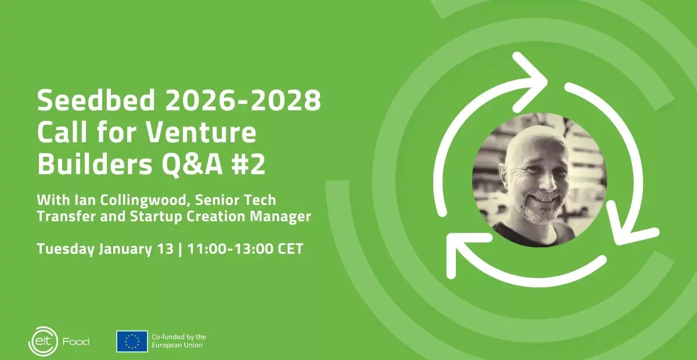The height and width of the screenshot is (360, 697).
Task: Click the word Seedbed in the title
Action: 96,100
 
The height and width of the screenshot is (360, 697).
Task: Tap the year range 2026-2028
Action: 243,100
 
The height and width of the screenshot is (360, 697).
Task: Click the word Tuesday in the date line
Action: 66,249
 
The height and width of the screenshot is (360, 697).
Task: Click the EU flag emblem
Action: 132,341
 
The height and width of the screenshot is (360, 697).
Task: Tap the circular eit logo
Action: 43,341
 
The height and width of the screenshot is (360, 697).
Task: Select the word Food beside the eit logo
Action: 76,341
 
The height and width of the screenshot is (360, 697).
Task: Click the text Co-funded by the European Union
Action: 179,341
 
